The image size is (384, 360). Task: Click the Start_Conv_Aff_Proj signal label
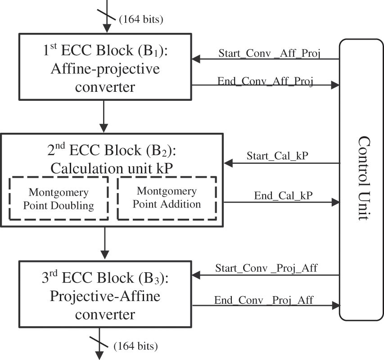265,52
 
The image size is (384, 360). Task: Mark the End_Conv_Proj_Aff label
264,299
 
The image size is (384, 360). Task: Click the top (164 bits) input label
140,19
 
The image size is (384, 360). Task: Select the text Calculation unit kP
112,167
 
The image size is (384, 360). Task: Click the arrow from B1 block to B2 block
104,116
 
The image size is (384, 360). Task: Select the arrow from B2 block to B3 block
105,243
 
